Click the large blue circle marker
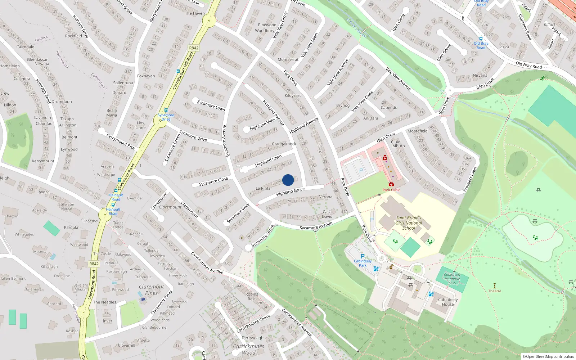(x=288, y=180)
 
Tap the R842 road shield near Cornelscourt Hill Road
(x=194, y=48)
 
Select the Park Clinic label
(x=391, y=190)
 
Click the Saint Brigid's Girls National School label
(x=409, y=223)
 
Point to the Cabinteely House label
(x=448, y=302)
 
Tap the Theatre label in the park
(x=495, y=291)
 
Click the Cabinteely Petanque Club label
(x=452, y=279)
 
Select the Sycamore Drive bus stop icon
(x=166, y=111)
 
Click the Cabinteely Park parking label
(x=363, y=263)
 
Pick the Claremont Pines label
(x=151, y=290)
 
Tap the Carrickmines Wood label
(x=248, y=349)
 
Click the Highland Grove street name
(x=290, y=192)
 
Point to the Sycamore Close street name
(x=213, y=181)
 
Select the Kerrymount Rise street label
(x=120, y=141)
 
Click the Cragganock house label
(x=284, y=144)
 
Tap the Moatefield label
(x=418, y=131)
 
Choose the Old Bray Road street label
(x=528, y=65)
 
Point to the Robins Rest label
(x=252, y=297)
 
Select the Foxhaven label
(x=146, y=76)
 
